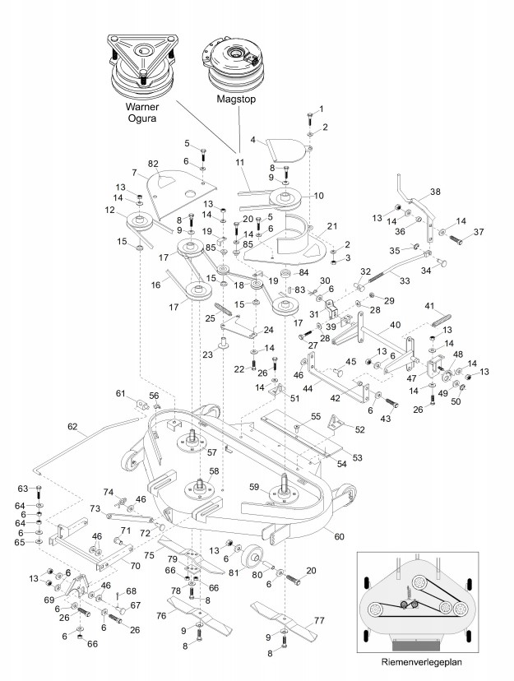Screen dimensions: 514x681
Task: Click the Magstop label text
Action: [x=236, y=99]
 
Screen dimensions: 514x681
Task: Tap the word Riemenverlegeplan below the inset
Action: [x=422, y=662]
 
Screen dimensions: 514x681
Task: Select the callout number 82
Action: [x=153, y=164]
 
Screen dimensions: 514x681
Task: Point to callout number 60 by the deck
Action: [x=339, y=536]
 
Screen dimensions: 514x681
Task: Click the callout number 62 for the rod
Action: [x=72, y=427]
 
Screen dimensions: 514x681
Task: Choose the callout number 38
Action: [x=435, y=192]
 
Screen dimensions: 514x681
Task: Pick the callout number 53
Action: [x=357, y=458]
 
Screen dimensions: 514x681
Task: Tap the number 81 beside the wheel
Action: [x=234, y=572]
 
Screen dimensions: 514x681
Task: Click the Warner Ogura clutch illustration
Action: [x=142, y=67]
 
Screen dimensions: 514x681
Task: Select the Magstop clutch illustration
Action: [x=233, y=64]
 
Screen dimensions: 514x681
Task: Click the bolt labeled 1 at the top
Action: [x=311, y=118]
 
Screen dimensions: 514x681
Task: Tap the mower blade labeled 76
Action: [x=200, y=614]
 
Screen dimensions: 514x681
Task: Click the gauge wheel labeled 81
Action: [x=252, y=556]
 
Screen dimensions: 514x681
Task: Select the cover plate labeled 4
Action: [x=285, y=151]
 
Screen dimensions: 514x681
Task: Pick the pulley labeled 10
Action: [x=286, y=199]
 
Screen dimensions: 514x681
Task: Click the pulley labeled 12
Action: [x=139, y=222]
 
